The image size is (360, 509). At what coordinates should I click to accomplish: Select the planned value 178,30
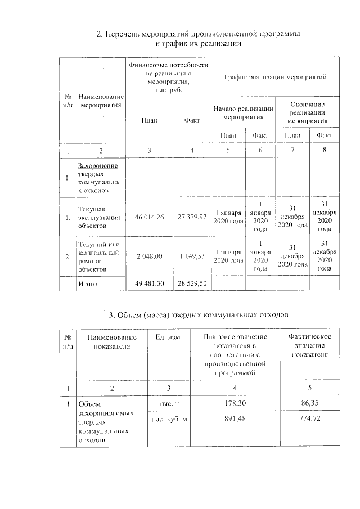pyautogui.click(x=234, y=403)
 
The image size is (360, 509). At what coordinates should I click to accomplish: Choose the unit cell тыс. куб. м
pyautogui.click(x=168, y=419)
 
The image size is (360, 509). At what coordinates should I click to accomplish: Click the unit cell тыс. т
pyautogui.click(x=169, y=404)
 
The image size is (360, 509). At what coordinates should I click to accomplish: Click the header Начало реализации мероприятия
pyautogui.click(x=244, y=113)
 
